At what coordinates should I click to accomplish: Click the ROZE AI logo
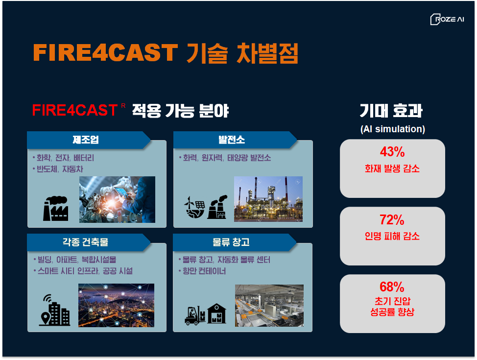point(447,19)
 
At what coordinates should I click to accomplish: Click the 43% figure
point(392,152)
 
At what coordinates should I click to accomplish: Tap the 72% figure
point(392,220)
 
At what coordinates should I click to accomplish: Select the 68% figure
point(392,287)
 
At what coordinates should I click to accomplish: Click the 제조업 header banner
point(89,140)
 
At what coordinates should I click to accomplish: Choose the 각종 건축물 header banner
point(89,242)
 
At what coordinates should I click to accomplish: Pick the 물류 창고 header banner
point(235,242)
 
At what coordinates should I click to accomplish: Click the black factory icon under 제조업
point(55,209)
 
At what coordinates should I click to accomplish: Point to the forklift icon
point(195,315)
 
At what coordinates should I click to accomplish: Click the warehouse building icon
point(216,313)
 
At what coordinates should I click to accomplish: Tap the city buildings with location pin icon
point(55,310)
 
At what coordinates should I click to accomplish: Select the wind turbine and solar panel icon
point(195,207)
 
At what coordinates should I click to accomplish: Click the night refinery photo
point(268,199)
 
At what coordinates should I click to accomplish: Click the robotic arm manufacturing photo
point(117,199)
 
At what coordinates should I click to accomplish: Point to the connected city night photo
point(116,305)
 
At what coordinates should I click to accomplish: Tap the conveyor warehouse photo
point(269,306)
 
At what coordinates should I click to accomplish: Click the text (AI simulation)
point(392,129)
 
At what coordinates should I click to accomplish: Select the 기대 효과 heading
point(391,111)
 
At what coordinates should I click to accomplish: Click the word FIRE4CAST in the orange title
point(105,52)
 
